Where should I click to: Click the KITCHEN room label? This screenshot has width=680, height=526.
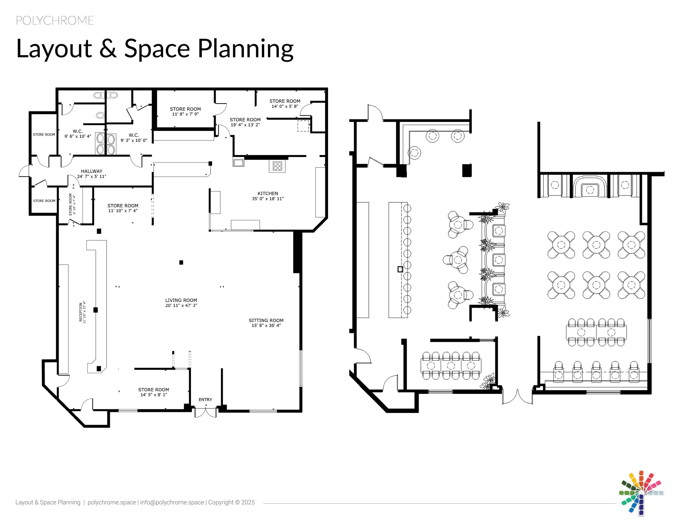coord(267,194)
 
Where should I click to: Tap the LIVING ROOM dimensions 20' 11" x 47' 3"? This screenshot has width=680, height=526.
coord(181,305)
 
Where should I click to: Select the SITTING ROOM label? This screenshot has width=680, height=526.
coord(266,320)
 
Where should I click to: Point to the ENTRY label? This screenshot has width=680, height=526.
coord(205,399)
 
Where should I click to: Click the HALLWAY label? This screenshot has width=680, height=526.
coord(92,171)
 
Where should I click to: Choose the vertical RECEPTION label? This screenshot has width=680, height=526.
coord(81,312)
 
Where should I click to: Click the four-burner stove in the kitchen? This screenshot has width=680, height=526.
coord(277,166)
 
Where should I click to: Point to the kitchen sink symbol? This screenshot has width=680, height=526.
coord(239,162)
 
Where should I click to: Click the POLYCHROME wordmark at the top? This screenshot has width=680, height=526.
coord(55,21)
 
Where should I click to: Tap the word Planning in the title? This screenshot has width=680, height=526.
coord(246,49)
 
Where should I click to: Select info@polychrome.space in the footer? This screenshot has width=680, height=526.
coord(172,502)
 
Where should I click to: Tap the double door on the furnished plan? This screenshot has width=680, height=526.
coord(517,397)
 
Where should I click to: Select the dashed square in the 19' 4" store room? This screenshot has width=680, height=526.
coord(303,126)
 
